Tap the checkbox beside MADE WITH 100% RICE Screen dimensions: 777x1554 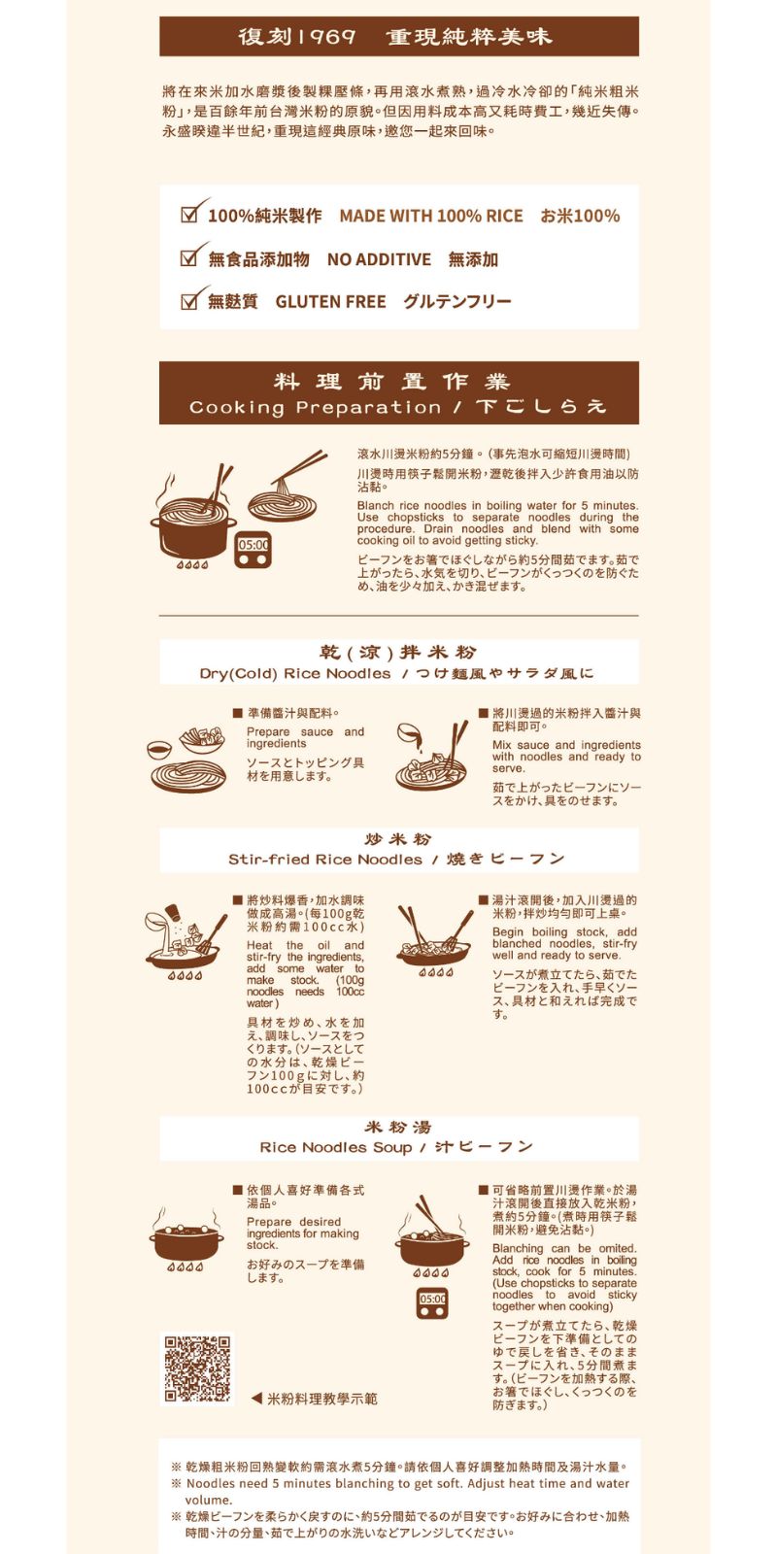188,215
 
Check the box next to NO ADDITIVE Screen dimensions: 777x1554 188,258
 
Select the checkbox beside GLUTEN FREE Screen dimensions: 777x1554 188,301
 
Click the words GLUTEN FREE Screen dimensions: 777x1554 330,302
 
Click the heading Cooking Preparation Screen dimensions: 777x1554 316,408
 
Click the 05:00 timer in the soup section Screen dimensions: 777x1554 432,1303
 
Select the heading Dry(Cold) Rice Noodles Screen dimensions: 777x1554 295,674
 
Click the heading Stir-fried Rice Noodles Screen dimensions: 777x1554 324,860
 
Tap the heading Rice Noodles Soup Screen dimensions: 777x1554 336,1147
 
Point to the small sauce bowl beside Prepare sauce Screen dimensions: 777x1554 159,749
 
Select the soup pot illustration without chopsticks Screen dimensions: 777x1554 186,1237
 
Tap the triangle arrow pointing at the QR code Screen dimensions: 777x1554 256,1399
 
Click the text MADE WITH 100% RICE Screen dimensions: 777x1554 431,216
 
